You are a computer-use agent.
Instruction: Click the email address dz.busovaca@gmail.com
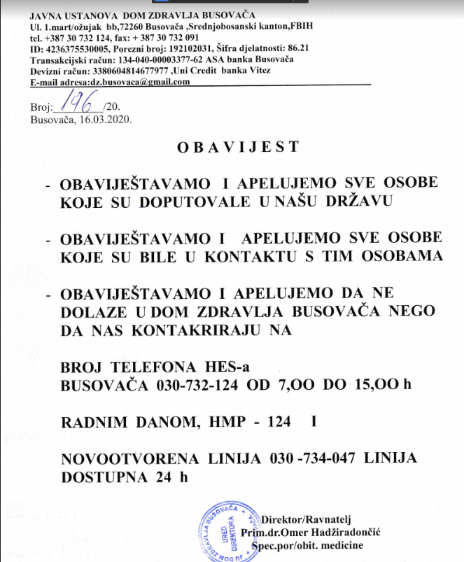[x=146, y=82]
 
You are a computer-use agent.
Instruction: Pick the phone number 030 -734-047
[x=318, y=458]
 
